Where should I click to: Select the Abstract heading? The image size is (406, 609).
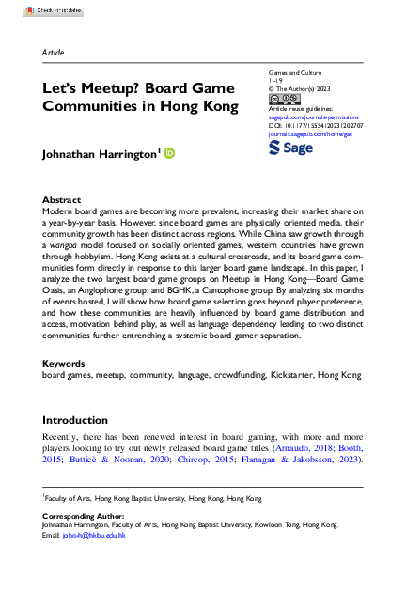(x=62, y=200)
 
